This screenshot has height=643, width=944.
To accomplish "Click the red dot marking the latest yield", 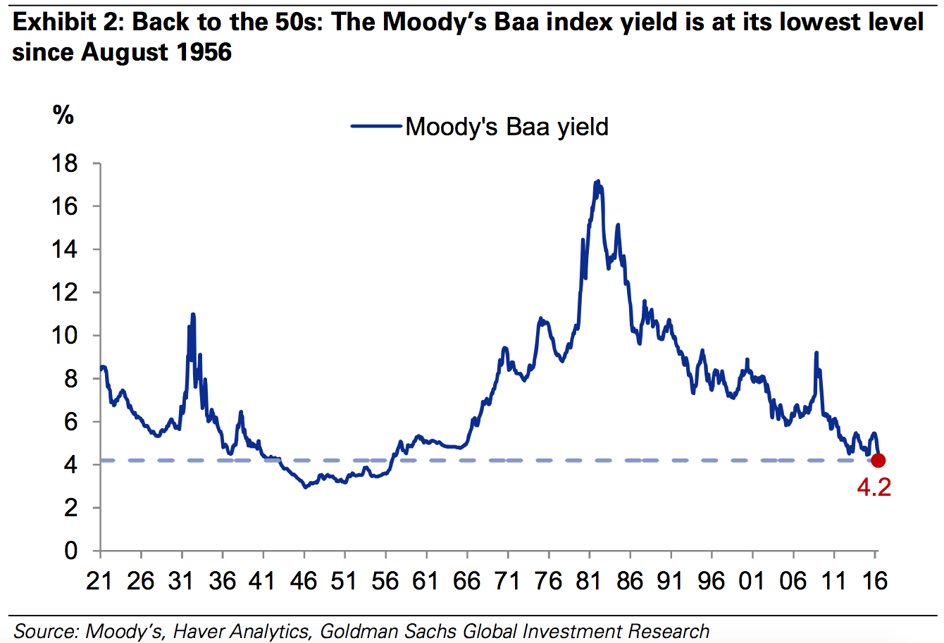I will click(x=878, y=461).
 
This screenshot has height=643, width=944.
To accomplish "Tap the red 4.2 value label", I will click(x=874, y=487).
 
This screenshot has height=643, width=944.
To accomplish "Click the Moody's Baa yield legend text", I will click(x=507, y=127).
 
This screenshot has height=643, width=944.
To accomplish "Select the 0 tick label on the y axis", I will click(x=71, y=551).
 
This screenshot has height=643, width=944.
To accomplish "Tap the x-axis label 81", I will click(x=589, y=580).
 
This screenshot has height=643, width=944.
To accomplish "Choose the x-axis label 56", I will click(x=385, y=580).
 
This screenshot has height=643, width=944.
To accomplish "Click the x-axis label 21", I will click(x=100, y=580).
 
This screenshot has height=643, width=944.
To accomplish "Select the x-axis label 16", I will click(x=874, y=580).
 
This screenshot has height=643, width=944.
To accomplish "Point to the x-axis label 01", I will click(x=752, y=580).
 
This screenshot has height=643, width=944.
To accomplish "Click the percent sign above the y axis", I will click(x=63, y=115).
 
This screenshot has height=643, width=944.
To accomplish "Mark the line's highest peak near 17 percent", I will click(x=597, y=181).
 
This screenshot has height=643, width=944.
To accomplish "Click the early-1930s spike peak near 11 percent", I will click(x=192, y=314).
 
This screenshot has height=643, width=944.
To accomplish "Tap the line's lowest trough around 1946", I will click(x=305, y=487).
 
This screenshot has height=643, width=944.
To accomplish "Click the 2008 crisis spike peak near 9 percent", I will click(x=816, y=353).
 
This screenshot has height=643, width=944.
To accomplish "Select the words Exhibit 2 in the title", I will click(x=67, y=23).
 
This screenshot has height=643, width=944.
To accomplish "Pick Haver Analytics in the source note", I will click(x=241, y=631).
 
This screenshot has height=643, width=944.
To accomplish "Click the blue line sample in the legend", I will click(x=377, y=127).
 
